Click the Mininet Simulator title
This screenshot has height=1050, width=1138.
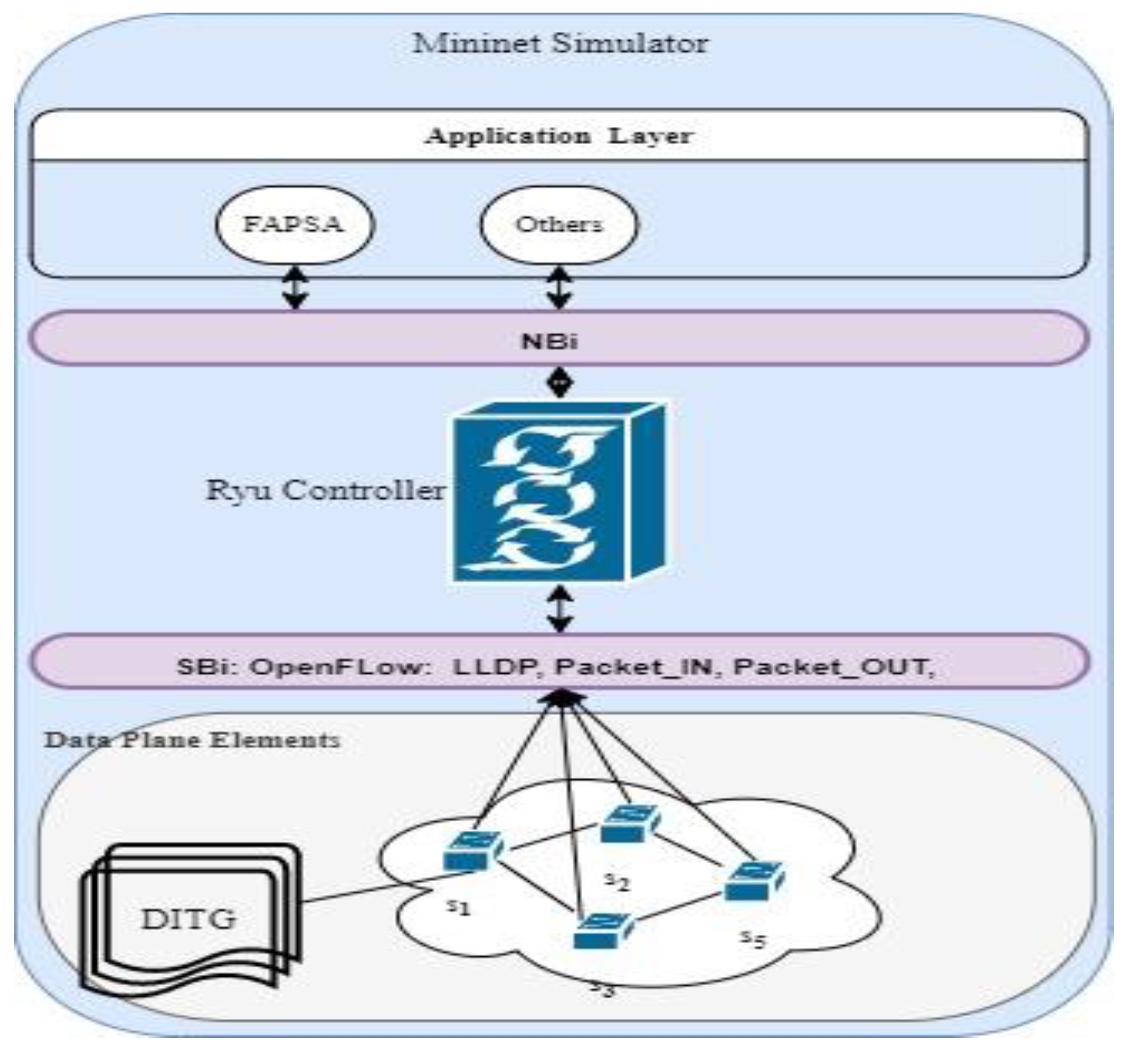tap(560, 44)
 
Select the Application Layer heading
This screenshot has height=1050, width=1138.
tap(559, 136)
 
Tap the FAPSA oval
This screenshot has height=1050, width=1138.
tap(294, 224)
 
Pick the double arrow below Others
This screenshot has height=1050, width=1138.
tap(560, 288)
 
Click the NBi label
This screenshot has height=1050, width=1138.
tap(549, 341)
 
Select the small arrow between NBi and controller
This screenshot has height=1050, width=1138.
tap(560, 383)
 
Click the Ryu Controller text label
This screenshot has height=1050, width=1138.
tap(326, 490)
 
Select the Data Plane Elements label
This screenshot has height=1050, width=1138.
tap(193, 740)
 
